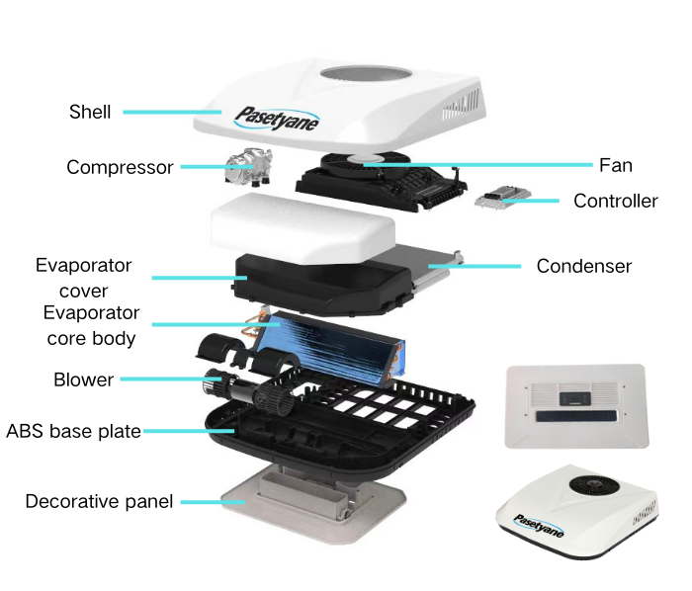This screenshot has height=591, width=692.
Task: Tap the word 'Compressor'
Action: [120, 167]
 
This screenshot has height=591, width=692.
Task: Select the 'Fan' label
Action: [615, 165]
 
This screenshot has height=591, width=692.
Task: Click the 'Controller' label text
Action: [615, 201]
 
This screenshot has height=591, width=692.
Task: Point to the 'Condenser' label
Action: [583, 266]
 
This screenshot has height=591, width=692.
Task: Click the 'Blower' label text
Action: [83, 380]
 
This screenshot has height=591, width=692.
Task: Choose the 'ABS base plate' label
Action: [73, 431]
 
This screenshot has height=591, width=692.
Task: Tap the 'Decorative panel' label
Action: [99, 501]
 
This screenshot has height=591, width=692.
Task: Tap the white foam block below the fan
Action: [297, 224]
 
